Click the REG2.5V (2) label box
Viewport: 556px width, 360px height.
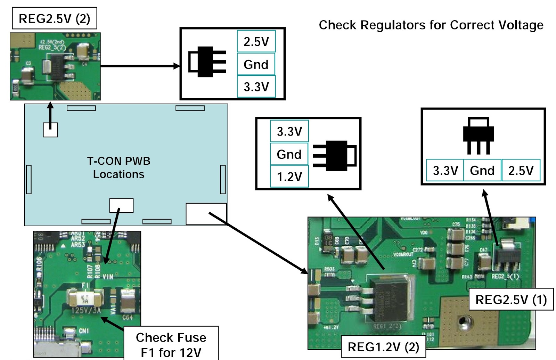(x=54, y=18)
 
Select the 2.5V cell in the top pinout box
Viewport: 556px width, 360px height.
(x=256, y=42)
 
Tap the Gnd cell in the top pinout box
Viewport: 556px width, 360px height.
(x=256, y=64)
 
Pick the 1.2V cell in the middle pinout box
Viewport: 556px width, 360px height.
(x=289, y=177)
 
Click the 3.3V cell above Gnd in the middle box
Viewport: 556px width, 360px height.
(x=289, y=131)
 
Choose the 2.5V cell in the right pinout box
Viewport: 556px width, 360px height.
(x=521, y=170)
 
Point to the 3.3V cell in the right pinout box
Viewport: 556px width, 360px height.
(x=445, y=170)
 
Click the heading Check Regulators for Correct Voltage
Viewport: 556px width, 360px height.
(x=431, y=25)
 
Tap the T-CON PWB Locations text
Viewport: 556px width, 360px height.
(x=118, y=167)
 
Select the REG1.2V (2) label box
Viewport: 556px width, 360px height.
(x=383, y=346)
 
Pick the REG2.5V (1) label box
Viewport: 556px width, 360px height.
(x=511, y=300)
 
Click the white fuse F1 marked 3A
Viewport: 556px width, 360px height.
(x=85, y=298)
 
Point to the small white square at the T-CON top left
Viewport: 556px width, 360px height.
(x=50, y=130)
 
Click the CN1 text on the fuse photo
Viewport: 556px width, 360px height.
(x=84, y=330)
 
